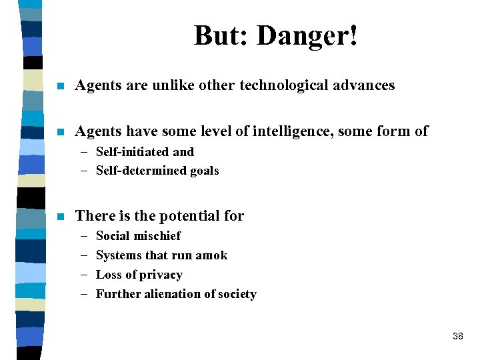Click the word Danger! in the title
(307, 36)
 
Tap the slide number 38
(457, 336)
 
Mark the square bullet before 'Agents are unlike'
(61, 86)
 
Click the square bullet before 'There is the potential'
(61, 217)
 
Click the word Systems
(118, 255)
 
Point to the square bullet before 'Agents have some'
(61, 132)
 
